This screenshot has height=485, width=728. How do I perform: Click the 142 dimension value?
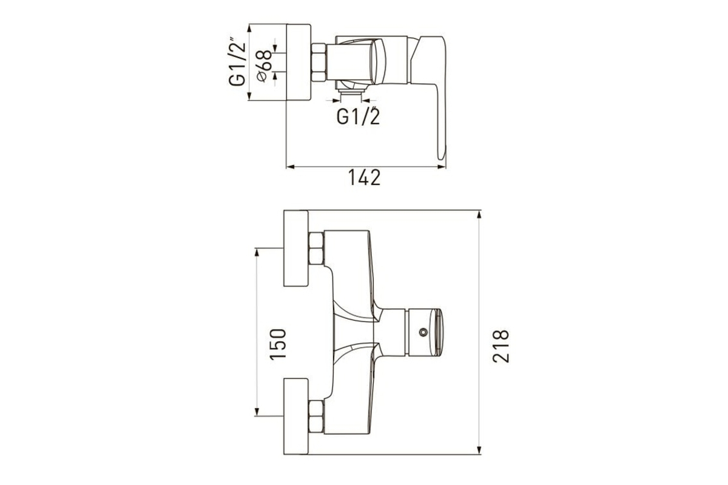coord(364,178)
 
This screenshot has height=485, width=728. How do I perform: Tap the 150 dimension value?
coord(278,344)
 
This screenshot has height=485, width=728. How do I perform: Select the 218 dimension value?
coord(501,346)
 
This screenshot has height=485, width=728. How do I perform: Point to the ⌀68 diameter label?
coord(263,66)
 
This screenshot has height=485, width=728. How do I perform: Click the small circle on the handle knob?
coord(423,332)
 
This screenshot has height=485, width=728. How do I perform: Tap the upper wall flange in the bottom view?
coord(296,248)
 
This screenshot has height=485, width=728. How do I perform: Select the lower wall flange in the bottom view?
coord(296,416)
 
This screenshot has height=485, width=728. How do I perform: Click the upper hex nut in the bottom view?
coord(316,248)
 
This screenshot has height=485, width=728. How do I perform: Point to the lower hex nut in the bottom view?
coord(316,416)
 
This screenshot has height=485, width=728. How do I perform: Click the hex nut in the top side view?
coord(318,62)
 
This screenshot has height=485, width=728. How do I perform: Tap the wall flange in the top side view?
coord(298,62)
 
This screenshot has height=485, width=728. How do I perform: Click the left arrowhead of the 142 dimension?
coord(290,167)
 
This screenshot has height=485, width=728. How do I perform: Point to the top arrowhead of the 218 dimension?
coord(479,215)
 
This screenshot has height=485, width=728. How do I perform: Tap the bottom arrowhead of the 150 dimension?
coord(257,412)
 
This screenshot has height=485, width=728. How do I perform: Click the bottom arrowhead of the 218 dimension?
coord(479,450)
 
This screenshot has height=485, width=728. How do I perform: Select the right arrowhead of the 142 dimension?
coord(442,167)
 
